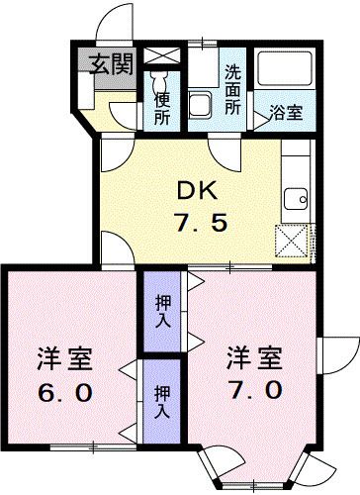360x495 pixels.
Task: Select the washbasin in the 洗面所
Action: click(x=201, y=104)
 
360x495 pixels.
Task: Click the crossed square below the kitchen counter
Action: click(x=292, y=240)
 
